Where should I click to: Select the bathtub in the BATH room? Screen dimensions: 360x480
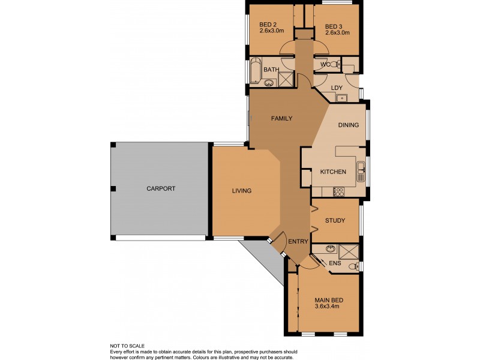coord(256,71)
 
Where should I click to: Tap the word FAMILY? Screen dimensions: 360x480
coord(281,119)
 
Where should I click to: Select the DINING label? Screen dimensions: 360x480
coord(349,125)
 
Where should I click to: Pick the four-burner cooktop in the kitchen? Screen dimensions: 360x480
coord(338,192)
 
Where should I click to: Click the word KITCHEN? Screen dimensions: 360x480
coord(333,172)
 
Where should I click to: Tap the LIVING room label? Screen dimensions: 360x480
coord(242,191)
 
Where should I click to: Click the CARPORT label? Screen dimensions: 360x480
coord(161,188)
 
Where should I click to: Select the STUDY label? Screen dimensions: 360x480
coord(335,221)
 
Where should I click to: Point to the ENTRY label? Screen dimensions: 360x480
coord(298,242)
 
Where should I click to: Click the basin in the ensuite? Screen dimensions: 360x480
coord(330,249)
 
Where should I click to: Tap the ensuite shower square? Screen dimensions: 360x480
coord(348,251)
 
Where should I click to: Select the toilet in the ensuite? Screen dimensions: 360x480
coord(354,266)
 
